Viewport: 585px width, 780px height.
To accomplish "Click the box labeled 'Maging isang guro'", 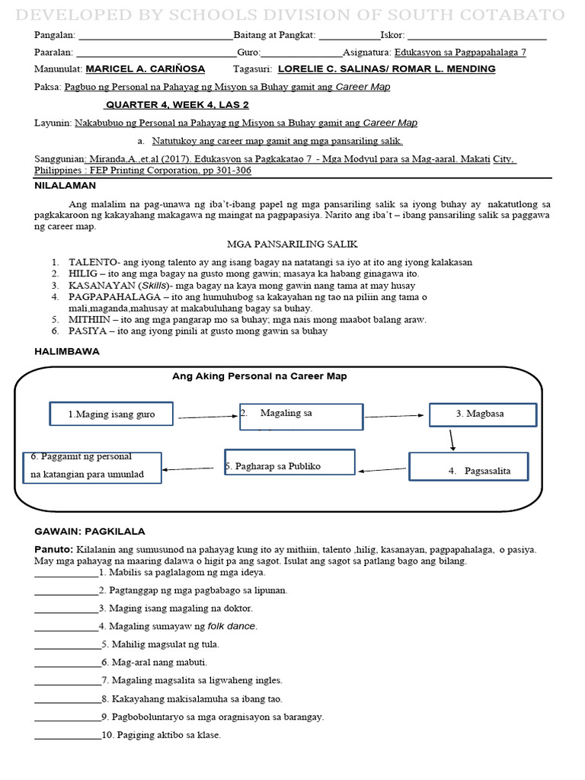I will click(x=112, y=414).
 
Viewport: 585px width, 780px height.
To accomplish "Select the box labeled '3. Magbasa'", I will click(x=483, y=414).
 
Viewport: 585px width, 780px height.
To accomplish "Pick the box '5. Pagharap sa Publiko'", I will click(x=289, y=462).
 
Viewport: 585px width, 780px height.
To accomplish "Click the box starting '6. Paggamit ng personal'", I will click(x=92, y=466).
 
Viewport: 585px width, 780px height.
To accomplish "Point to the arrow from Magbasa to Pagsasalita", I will click(x=452, y=440).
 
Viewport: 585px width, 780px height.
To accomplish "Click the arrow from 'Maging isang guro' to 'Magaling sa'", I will click(x=208, y=417).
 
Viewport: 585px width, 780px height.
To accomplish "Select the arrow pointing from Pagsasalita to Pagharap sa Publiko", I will click(x=382, y=469).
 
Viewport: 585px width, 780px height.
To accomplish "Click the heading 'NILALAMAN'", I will click(x=66, y=185).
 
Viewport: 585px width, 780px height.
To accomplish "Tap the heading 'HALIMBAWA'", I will click(x=67, y=351).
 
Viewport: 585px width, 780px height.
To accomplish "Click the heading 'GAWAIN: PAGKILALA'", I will click(x=90, y=531).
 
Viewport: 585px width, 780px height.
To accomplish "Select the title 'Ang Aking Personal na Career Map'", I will click(x=260, y=376).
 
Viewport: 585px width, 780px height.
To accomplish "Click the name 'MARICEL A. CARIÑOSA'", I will click(x=145, y=69).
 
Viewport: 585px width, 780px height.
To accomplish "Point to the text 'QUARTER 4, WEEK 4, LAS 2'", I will click(x=177, y=105).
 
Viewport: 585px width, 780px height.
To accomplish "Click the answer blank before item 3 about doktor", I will click(x=66, y=609).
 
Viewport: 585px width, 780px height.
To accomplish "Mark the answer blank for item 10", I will click(x=67, y=735).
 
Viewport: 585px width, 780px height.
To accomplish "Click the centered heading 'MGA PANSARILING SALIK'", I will click(x=292, y=244).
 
